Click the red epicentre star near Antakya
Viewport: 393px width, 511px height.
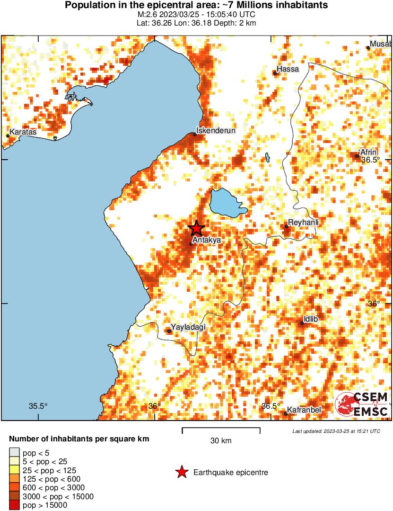[196, 229]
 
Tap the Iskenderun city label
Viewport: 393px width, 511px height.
[216, 130]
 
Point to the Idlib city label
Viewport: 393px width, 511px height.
[311, 319]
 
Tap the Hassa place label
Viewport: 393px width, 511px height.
[288, 69]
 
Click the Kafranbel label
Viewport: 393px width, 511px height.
[304, 410]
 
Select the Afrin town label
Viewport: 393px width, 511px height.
[368, 152]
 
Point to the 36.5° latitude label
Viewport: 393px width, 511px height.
[371, 160]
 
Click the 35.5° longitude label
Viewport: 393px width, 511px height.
[38, 406]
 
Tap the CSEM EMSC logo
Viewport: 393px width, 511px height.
[362, 404]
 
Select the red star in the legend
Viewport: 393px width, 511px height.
[181, 472]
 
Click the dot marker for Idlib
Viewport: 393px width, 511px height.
[302, 323]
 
